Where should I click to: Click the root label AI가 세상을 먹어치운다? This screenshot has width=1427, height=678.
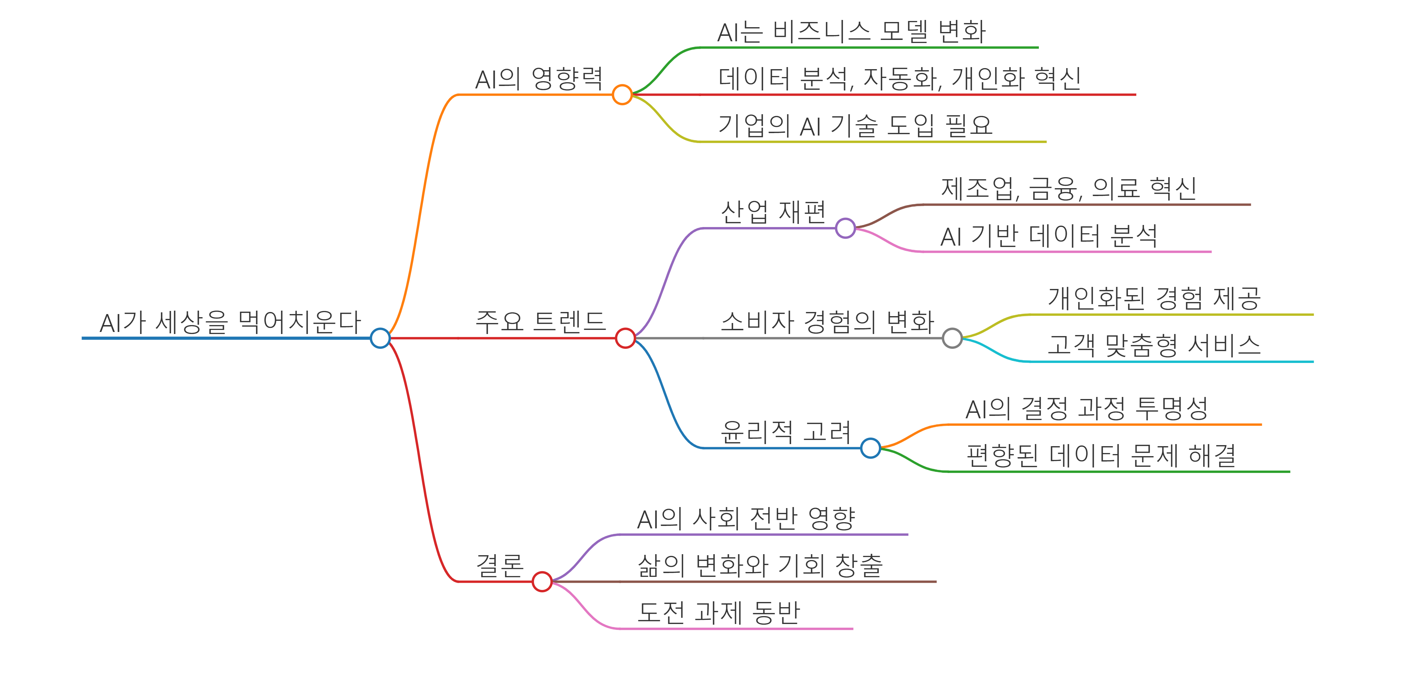(230, 322)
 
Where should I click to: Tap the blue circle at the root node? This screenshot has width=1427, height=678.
(380, 338)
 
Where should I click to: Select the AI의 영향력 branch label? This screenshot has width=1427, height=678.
(539, 79)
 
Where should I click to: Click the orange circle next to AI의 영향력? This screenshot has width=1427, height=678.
(622, 95)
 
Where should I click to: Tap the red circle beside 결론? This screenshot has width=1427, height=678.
(542, 582)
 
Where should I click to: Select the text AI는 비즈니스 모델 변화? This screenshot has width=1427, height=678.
(851, 32)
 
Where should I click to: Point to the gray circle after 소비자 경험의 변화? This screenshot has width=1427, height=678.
(952, 338)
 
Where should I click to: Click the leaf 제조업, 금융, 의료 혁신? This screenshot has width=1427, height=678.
(1068, 189)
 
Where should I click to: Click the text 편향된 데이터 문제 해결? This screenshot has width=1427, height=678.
(1101, 456)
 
